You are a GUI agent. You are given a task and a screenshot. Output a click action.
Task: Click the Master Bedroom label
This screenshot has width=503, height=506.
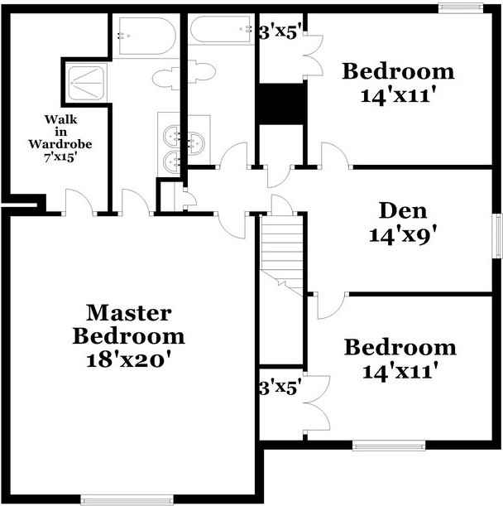coord(129,325)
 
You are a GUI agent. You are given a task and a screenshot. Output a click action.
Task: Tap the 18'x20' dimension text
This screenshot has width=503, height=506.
coord(128,359)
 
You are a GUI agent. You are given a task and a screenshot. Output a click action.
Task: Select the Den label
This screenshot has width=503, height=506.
coord(403,210)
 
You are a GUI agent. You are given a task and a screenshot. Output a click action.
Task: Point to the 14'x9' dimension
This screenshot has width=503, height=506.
coord(403,234)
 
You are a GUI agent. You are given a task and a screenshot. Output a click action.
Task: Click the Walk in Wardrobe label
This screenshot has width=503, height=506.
coord(60,132)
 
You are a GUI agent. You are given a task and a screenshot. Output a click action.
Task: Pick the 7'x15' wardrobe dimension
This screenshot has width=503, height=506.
coord(60,157)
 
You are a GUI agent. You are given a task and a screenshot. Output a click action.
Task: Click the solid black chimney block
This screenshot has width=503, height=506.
coord(280,104)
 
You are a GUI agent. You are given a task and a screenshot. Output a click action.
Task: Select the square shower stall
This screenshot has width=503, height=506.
coord(86,82)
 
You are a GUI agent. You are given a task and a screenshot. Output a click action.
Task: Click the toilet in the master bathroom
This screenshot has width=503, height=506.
coord(165,78)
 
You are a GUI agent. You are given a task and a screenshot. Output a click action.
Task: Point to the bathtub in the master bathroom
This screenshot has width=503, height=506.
coord(147,36)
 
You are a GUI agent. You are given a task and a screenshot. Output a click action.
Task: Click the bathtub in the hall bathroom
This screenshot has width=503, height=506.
coord(221,30)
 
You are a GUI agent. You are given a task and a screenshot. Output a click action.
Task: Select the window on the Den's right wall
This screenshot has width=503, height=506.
coord(498,235)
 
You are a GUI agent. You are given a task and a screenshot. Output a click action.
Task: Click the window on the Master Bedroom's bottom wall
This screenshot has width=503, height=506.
coord(127,500)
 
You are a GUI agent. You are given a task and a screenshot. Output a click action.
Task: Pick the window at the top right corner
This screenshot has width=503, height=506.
coord(461,8)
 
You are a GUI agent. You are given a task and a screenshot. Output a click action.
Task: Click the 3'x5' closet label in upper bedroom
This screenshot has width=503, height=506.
coord(280,32)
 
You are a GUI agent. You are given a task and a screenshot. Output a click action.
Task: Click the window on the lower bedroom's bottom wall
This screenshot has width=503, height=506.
coord(389,446)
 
